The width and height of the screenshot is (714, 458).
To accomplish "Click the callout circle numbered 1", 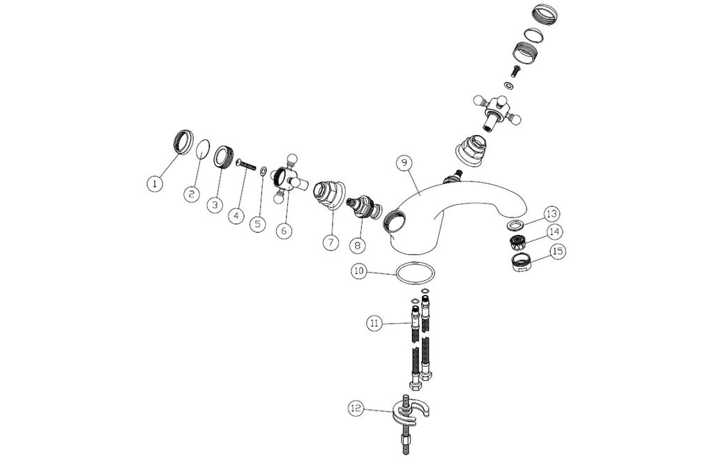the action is (155, 184).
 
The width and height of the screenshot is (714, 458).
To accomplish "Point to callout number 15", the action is (558, 251).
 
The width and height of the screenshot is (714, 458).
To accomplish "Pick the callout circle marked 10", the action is (359, 271).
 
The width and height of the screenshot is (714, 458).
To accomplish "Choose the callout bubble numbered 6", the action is (284, 230).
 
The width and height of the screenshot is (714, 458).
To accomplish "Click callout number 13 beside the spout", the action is (552, 213).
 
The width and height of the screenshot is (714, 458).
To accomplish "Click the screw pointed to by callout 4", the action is (246, 164).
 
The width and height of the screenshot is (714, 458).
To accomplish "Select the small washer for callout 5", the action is (263, 171).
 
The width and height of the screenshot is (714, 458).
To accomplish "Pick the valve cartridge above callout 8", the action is (364, 206).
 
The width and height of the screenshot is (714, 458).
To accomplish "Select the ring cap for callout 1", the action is (183, 142).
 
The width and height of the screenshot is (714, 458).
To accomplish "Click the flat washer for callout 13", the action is (515, 224).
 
